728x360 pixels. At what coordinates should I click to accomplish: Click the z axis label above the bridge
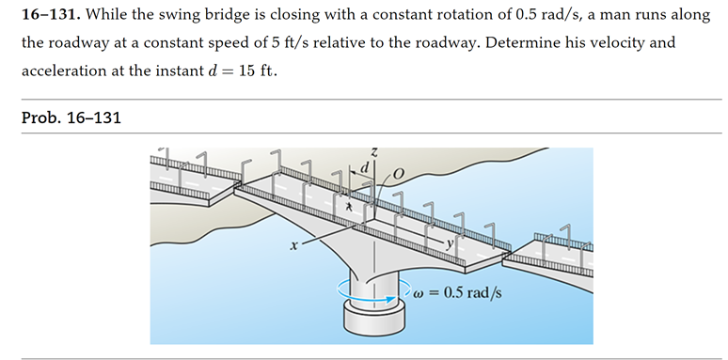pyautogui.click(x=374, y=151)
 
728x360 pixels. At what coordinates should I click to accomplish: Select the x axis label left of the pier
pyautogui.click(x=293, y=247)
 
